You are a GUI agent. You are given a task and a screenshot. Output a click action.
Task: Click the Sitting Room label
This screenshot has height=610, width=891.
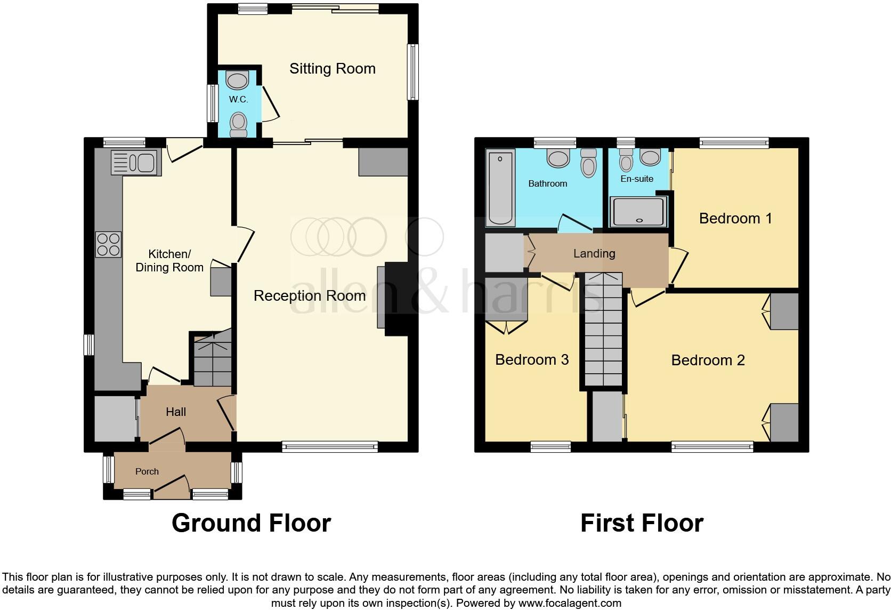point(332,69)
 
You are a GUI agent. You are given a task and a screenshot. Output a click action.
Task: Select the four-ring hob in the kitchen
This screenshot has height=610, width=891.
point(108,245)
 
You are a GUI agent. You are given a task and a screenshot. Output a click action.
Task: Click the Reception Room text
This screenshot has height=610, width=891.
point(309,296)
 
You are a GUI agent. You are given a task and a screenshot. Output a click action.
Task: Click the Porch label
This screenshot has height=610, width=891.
point(147,471)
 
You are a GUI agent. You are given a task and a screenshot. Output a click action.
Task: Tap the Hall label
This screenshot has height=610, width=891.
point(175,412)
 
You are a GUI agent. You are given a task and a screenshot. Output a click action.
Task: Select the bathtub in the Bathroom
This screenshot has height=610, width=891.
point(500,187)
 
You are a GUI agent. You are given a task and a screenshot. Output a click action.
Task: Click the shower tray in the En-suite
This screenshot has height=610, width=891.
point(638,212)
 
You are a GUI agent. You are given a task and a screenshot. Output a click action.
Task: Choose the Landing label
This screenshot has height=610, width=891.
point(594,254)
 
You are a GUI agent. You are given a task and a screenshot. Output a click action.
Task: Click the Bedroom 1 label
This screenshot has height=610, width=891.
point(735,219)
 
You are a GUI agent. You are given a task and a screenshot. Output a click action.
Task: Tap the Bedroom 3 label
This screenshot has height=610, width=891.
point(531,360)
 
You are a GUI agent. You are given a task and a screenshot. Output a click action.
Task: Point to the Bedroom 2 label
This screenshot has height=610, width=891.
point(707,360)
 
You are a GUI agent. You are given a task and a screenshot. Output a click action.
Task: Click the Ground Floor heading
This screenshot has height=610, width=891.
point(251,523)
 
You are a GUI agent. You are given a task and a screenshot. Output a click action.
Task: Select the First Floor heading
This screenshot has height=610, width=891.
point(641,523)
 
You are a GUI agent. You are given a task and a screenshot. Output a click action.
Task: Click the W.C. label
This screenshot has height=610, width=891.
point(238,100)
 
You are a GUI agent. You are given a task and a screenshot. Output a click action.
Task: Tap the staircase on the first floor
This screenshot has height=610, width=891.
point(603,331)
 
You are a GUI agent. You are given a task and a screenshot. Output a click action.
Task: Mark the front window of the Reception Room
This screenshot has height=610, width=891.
point(330,447)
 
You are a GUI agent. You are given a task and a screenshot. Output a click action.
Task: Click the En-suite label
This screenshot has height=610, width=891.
point(636,179)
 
